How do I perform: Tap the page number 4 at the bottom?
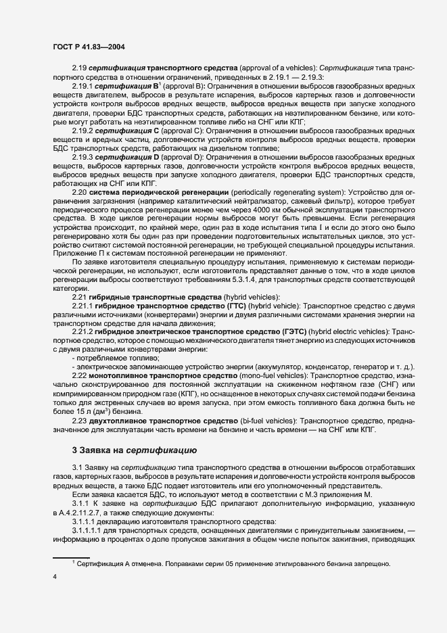tap(53, 577)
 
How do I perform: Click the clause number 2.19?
tap(80, 70)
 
